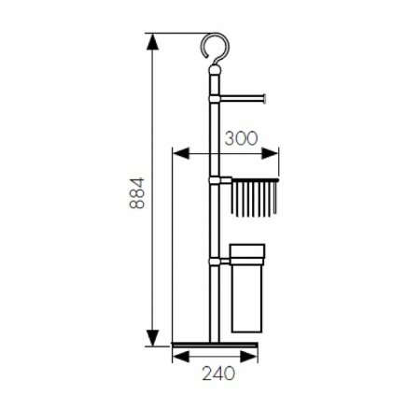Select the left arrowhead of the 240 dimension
(x=175, y=357)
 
